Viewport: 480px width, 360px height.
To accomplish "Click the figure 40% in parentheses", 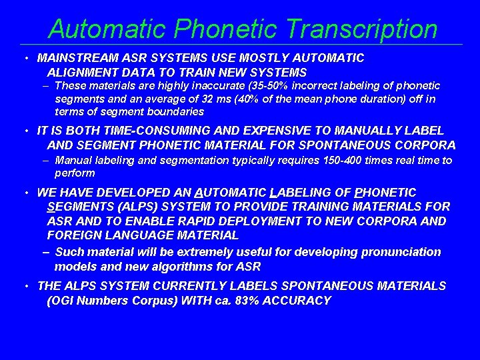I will [244, 99].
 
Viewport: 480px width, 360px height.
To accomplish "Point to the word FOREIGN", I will [73, 235].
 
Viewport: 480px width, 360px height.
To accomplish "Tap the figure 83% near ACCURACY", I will [251, 301].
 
